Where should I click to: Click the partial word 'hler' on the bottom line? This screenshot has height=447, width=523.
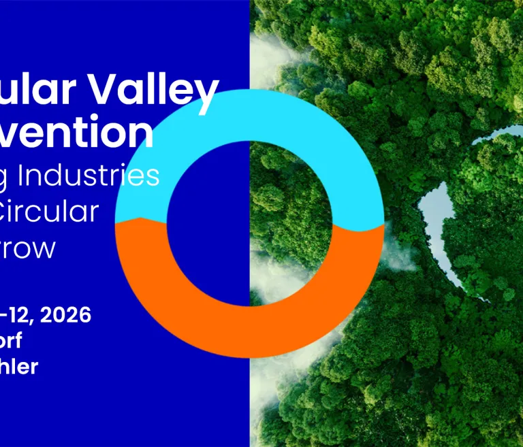pos(18,367)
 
